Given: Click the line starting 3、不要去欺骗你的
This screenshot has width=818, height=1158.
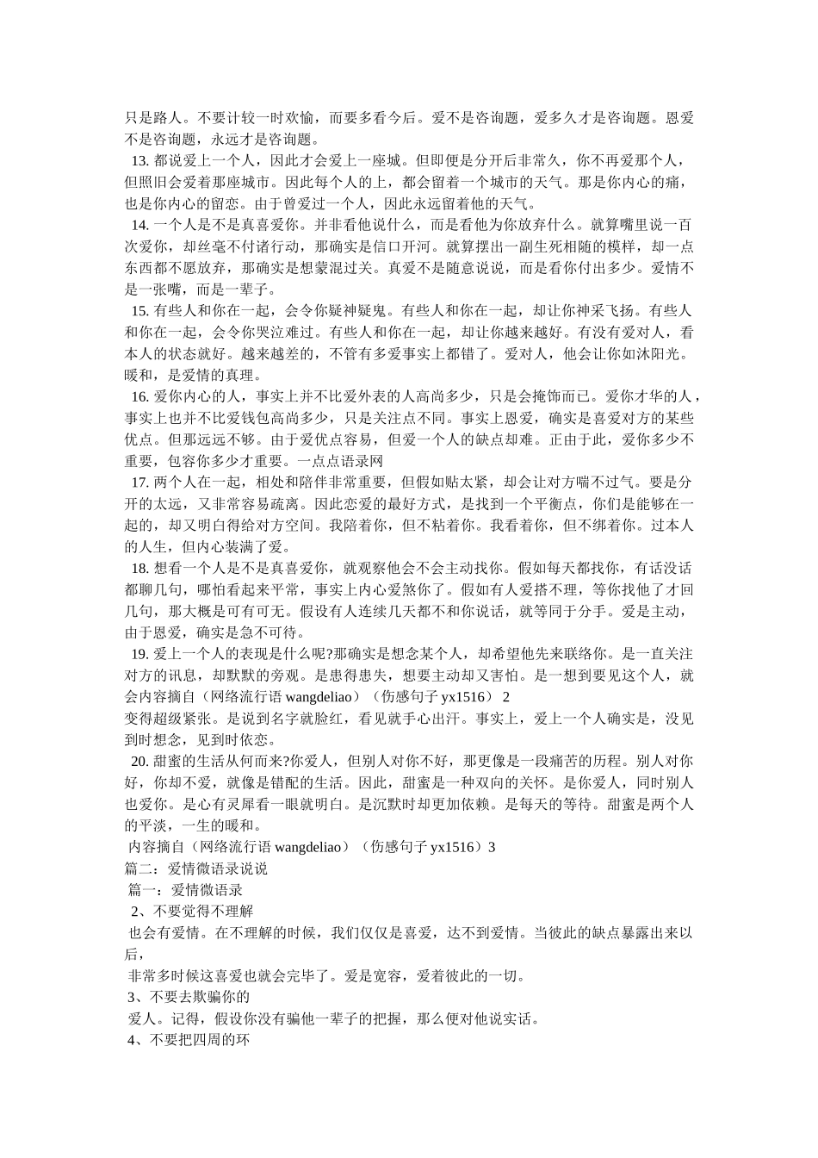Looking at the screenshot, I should point(189,997).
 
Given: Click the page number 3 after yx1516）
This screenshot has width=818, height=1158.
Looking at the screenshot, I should point(492,847).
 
